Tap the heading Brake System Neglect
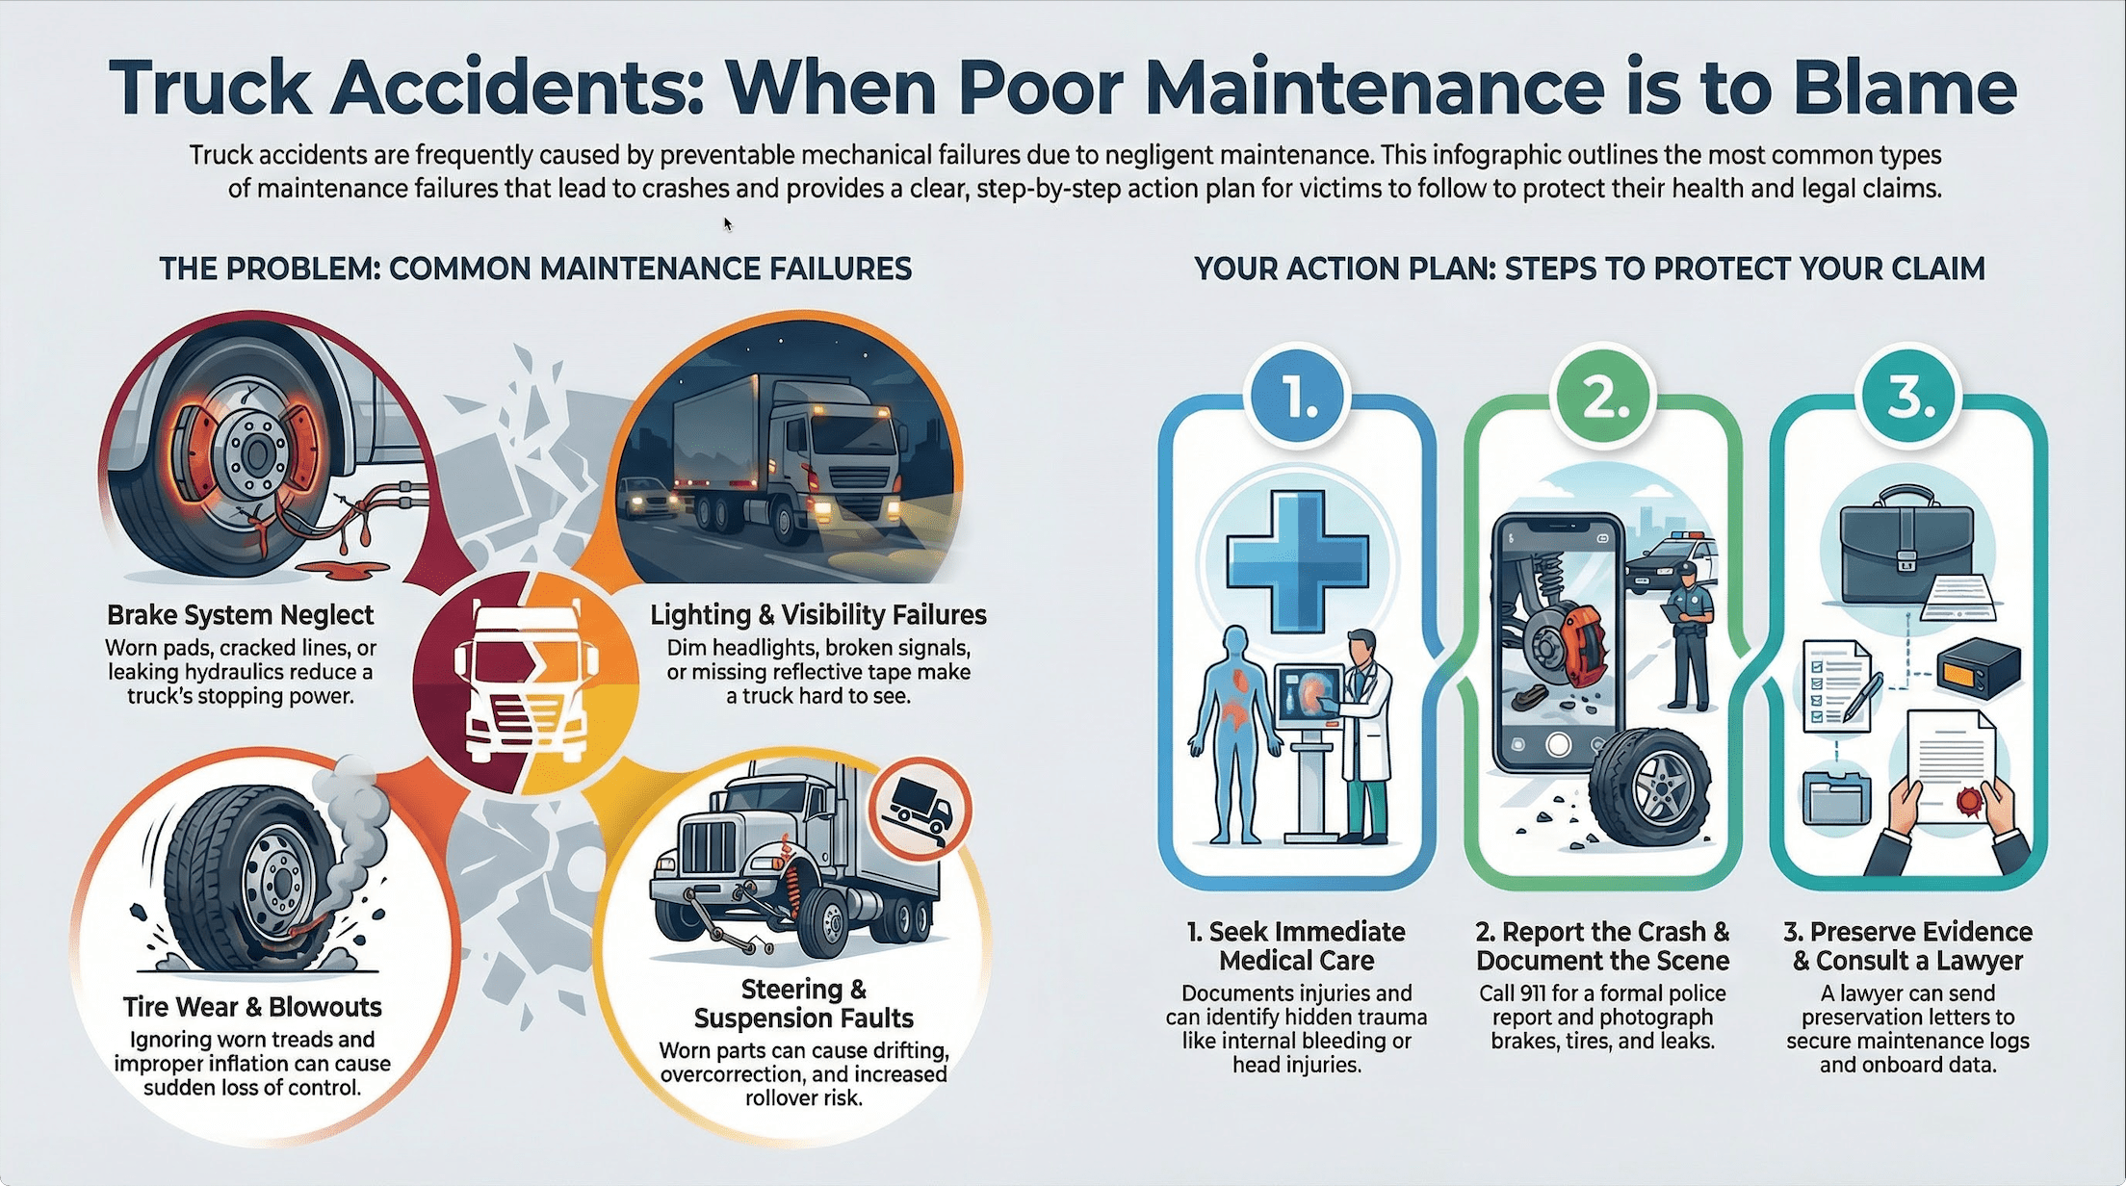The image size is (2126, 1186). [x=240, y=615]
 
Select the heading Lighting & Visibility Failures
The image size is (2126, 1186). [x=817, y=615]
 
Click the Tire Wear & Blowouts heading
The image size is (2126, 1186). [x=252, y=1007]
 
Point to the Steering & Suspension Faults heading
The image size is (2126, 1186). [x=803, y=1004]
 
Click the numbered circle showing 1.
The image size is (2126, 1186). [x=1298, y=397]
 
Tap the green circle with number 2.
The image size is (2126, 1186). [x=1604, y=397]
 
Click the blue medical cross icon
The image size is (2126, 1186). [x=1297, y=561]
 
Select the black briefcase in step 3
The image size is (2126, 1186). [x=1906, y=546]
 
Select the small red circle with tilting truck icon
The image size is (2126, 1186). [x=920, y=807]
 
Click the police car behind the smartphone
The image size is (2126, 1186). [x=1670, y=559]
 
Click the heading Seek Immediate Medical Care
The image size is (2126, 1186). [x=1296, y=945]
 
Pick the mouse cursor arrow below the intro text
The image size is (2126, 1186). [x=728, y=224]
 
